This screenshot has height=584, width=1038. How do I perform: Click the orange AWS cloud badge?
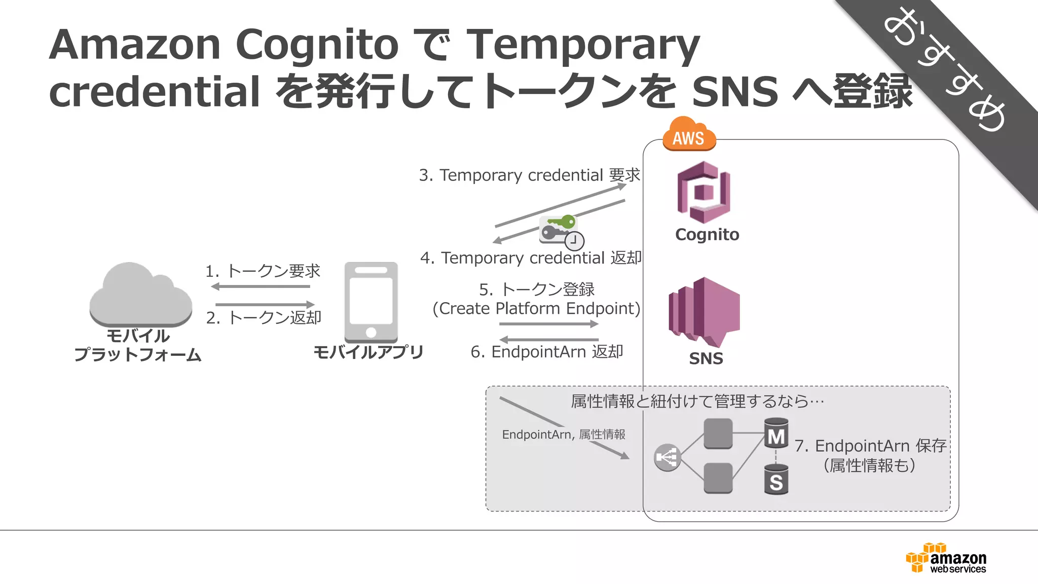689,134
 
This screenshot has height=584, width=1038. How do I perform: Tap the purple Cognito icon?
704,192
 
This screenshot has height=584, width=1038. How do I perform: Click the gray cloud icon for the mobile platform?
140,295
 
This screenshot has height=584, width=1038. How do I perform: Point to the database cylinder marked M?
776,433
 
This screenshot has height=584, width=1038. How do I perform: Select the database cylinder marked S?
776,480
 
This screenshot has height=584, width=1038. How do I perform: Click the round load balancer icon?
667,458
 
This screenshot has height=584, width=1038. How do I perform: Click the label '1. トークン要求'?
263,271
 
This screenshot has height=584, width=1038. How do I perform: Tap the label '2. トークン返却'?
264,318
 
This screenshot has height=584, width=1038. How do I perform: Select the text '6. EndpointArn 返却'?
547,352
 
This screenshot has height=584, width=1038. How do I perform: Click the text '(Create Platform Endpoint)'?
536,308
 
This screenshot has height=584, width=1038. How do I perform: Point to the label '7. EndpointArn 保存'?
870,446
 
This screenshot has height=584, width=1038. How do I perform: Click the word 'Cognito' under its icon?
707,235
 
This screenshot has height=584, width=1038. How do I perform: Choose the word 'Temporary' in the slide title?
583,45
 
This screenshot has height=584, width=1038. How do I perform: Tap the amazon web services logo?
946,558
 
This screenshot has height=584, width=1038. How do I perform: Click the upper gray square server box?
718,433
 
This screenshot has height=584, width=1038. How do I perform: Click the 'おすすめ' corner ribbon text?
945,71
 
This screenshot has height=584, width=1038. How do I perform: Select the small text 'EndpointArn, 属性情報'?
563,434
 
